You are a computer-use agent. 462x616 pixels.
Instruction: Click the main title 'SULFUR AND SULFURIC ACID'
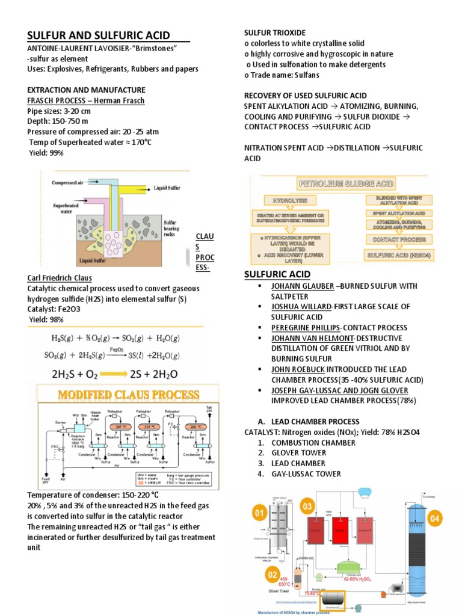click(99, 35)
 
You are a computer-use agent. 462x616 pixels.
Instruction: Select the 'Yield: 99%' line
click(46, 153)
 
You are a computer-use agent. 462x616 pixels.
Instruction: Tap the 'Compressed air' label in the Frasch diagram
click(72, 183)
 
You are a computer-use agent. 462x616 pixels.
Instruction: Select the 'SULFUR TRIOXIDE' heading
click(274, 32)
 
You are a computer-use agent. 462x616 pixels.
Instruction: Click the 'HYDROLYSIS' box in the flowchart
click(290, 199)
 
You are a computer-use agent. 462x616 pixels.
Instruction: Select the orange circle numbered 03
click(308, 507)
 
